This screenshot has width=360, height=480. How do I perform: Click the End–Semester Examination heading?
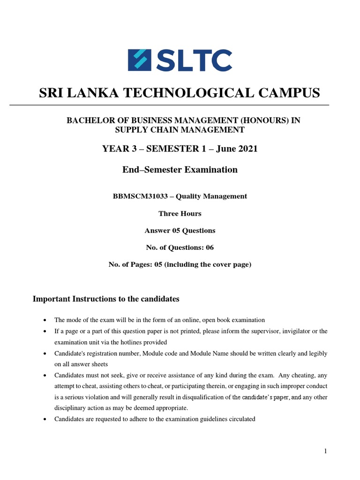click(x=180, y=170)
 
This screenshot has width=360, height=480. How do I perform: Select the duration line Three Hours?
click(x=180, y=214)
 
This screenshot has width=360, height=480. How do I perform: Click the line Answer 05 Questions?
click(x=180, y=231)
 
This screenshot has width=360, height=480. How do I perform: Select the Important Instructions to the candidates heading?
click(x=106, y=299)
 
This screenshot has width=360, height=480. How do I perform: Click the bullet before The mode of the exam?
click(x=45, y=320)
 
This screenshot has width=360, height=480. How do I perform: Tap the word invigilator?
click(x=278, y=331)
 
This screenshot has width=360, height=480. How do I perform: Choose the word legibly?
click(x=316, y=353)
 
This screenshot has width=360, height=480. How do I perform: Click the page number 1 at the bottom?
click(x=325, y=451)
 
